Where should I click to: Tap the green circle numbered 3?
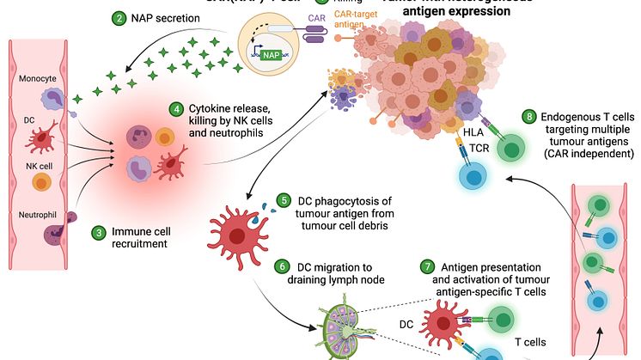coord(101,232)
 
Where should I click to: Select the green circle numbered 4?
coord(176,109)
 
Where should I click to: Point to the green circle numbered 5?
coord(283,201)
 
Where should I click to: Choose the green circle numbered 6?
coord(284,268)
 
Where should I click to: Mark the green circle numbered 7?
coord(427,266)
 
